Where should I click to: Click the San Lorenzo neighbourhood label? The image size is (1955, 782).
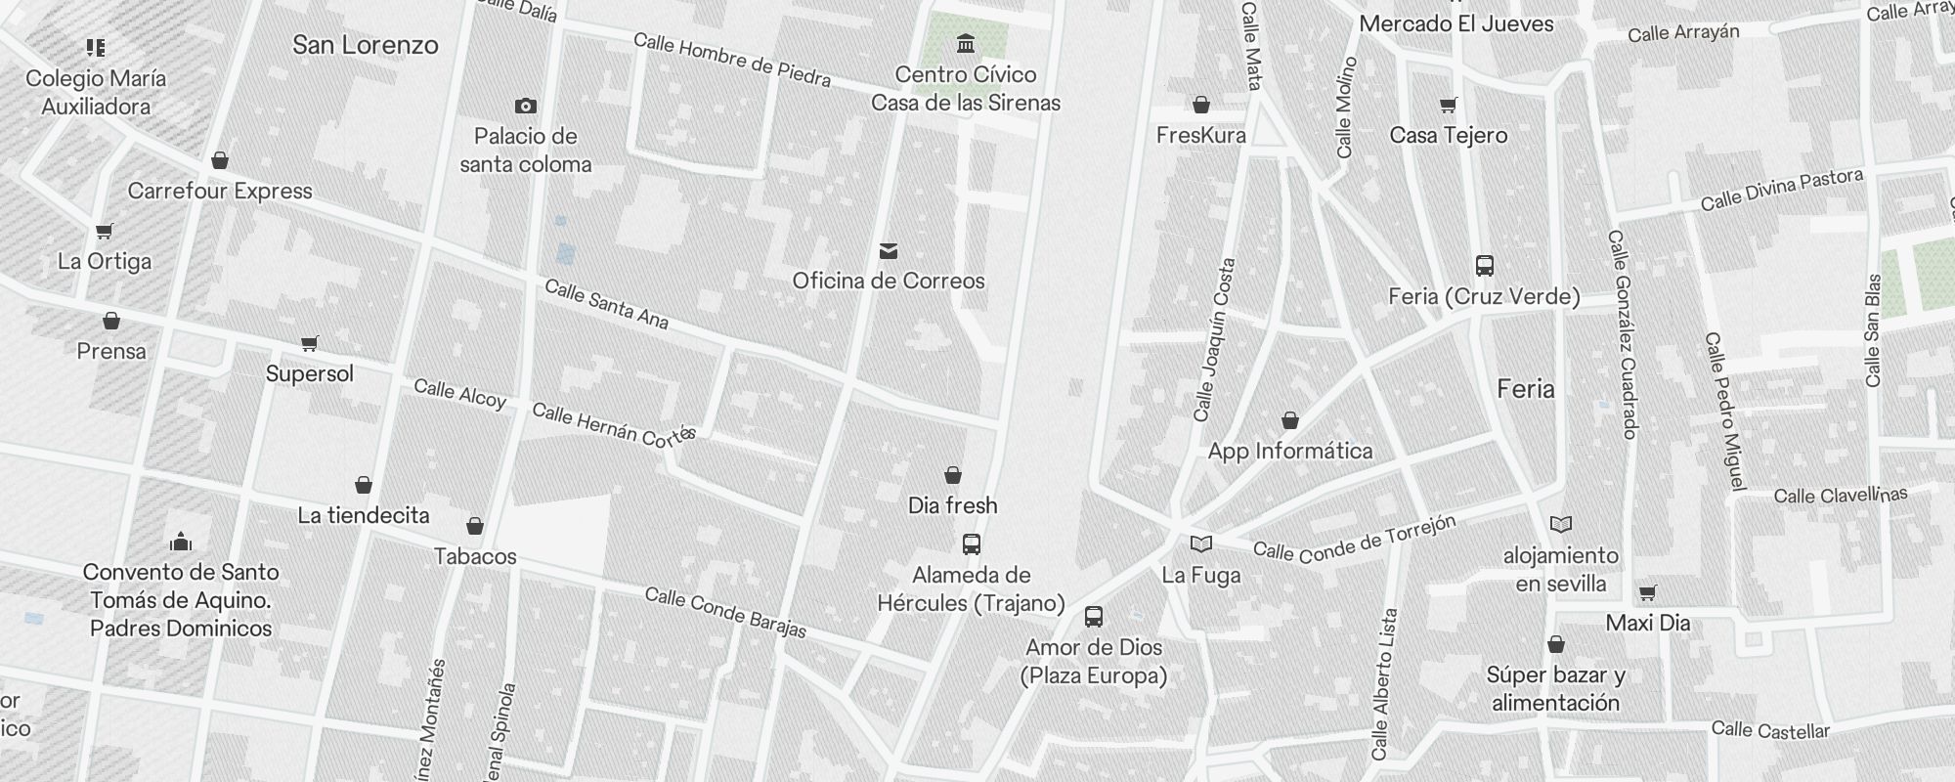365,45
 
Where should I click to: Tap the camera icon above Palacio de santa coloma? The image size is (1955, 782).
526,106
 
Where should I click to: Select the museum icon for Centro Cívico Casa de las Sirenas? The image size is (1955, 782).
967,43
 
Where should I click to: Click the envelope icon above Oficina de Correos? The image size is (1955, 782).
889,251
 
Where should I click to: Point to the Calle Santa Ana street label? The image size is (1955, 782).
606,304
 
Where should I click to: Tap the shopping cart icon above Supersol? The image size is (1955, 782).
310,343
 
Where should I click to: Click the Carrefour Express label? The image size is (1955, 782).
220,191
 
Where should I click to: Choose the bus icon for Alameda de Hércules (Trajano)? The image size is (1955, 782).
972,544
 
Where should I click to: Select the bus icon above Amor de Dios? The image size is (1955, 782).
1094,617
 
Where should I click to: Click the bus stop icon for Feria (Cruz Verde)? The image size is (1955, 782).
1485,265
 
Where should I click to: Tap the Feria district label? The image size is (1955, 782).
1525,389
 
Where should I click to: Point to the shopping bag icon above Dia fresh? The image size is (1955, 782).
953,475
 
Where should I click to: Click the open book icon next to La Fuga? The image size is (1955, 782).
1201,543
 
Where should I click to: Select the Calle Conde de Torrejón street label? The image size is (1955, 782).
1354,540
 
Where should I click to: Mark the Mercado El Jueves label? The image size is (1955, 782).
1456,23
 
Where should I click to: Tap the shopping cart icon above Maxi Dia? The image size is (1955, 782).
1648,592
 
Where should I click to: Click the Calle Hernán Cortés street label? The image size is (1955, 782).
613,425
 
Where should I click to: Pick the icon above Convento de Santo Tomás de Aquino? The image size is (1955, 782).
181,542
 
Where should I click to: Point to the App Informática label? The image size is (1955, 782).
1290,451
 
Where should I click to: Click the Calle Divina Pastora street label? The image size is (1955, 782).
1781,190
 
